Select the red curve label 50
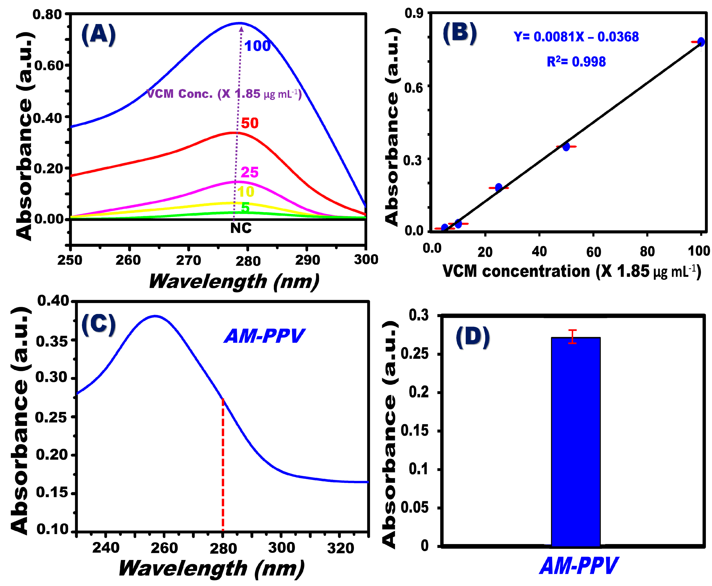point(250,123)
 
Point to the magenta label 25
point(250,172)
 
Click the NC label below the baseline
point(241,228)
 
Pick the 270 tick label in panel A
point(188,260)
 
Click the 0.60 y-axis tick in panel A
point(49,65)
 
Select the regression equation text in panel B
point(576,37)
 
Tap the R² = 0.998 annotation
point(576,62)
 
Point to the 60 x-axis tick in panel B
point(594,252)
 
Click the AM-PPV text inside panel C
point(264,336)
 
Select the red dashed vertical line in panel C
point(223,466)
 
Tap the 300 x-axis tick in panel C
point(281,548)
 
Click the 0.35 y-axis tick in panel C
point(52,342)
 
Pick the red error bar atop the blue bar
point(572,337)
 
